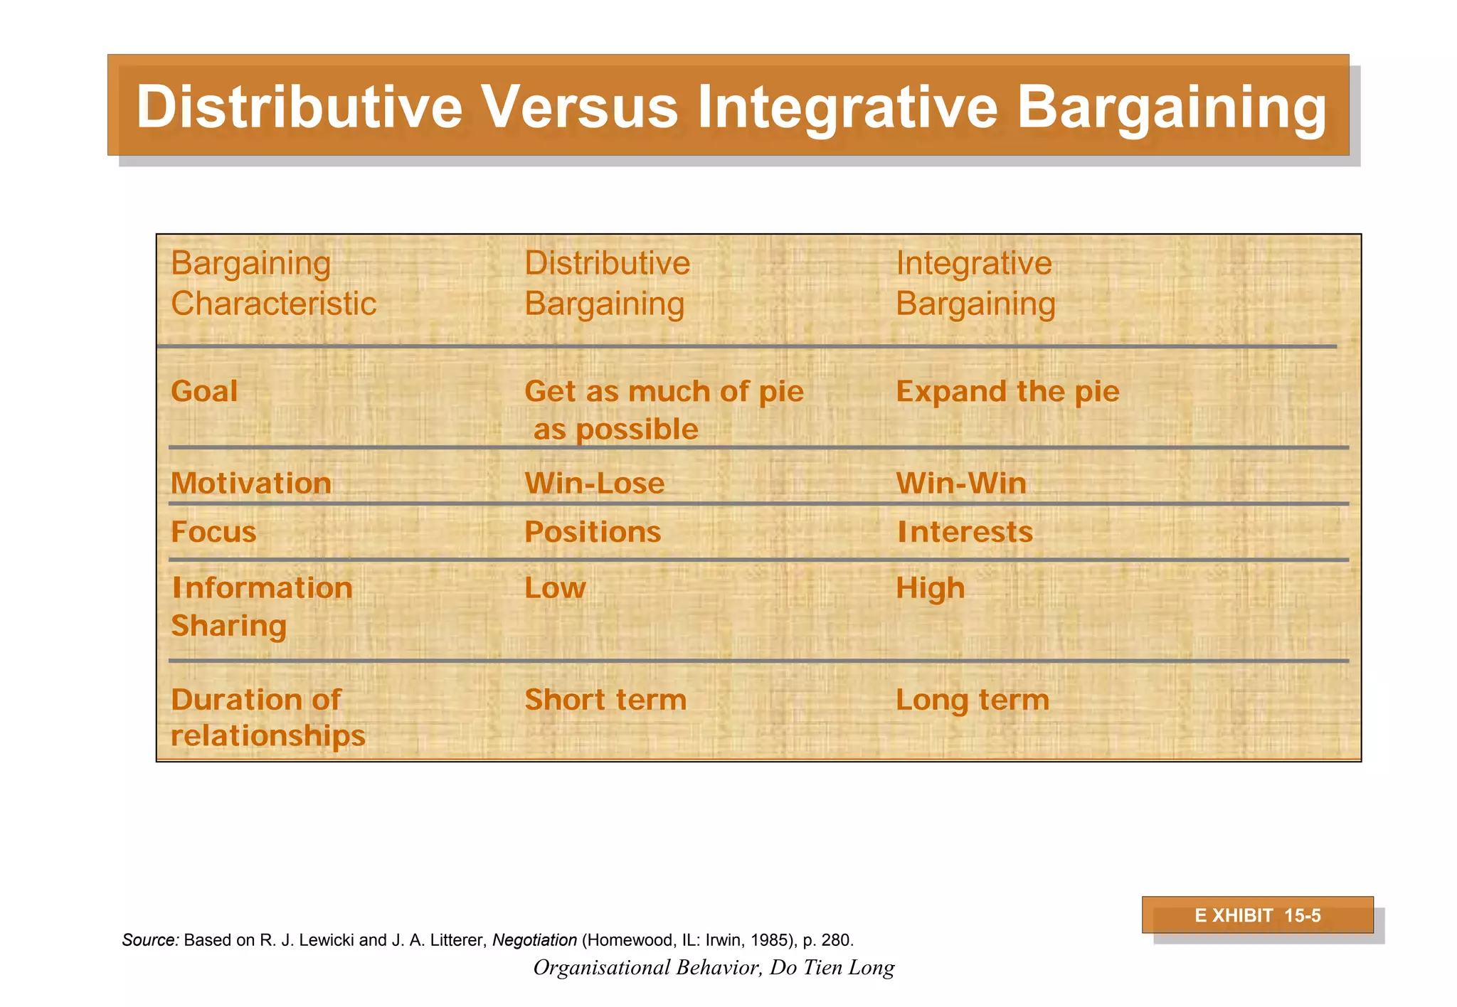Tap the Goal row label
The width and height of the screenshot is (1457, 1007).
pyautogui.click(x=204, y=392)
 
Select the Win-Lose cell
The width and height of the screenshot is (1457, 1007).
pyautogui.click(x=594, y=484)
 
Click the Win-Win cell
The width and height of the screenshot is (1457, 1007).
pyautogui.click(x=960, y=484)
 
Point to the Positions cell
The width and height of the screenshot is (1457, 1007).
pyautogui.click(x=592, y=532)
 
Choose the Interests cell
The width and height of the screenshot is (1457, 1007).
pyautogui.click(x=964, y=532)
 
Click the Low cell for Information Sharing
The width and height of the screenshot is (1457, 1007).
pyautogui.click(x=555, y=588)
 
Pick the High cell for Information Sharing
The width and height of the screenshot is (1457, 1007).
pyautogui.click(x=930, y=589)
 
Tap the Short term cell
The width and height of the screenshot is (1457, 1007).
pyautogui.click(x=605, y=700)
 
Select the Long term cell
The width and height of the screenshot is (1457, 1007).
pyautogui.click(x=972, y=700)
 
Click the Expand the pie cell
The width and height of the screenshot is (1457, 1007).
pyautogui.click(x=1007, y=392)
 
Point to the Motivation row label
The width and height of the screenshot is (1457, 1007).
pyautogui.click(x=250, y=484)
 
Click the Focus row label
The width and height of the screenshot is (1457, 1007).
pyautogui.click(x=213, y=532)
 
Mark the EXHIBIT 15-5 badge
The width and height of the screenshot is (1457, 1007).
pyautogui.click(x=1257, y=915)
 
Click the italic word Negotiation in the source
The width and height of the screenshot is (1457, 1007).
pyautogui.click(x=534, y=940)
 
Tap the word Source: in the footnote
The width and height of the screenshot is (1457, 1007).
pyautogui.click(x=150, y=940)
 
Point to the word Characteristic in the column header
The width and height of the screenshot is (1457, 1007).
pyautogui.click(x=273, y=304)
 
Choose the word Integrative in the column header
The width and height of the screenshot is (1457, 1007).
pyautogui.click(x=973, y=263)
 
